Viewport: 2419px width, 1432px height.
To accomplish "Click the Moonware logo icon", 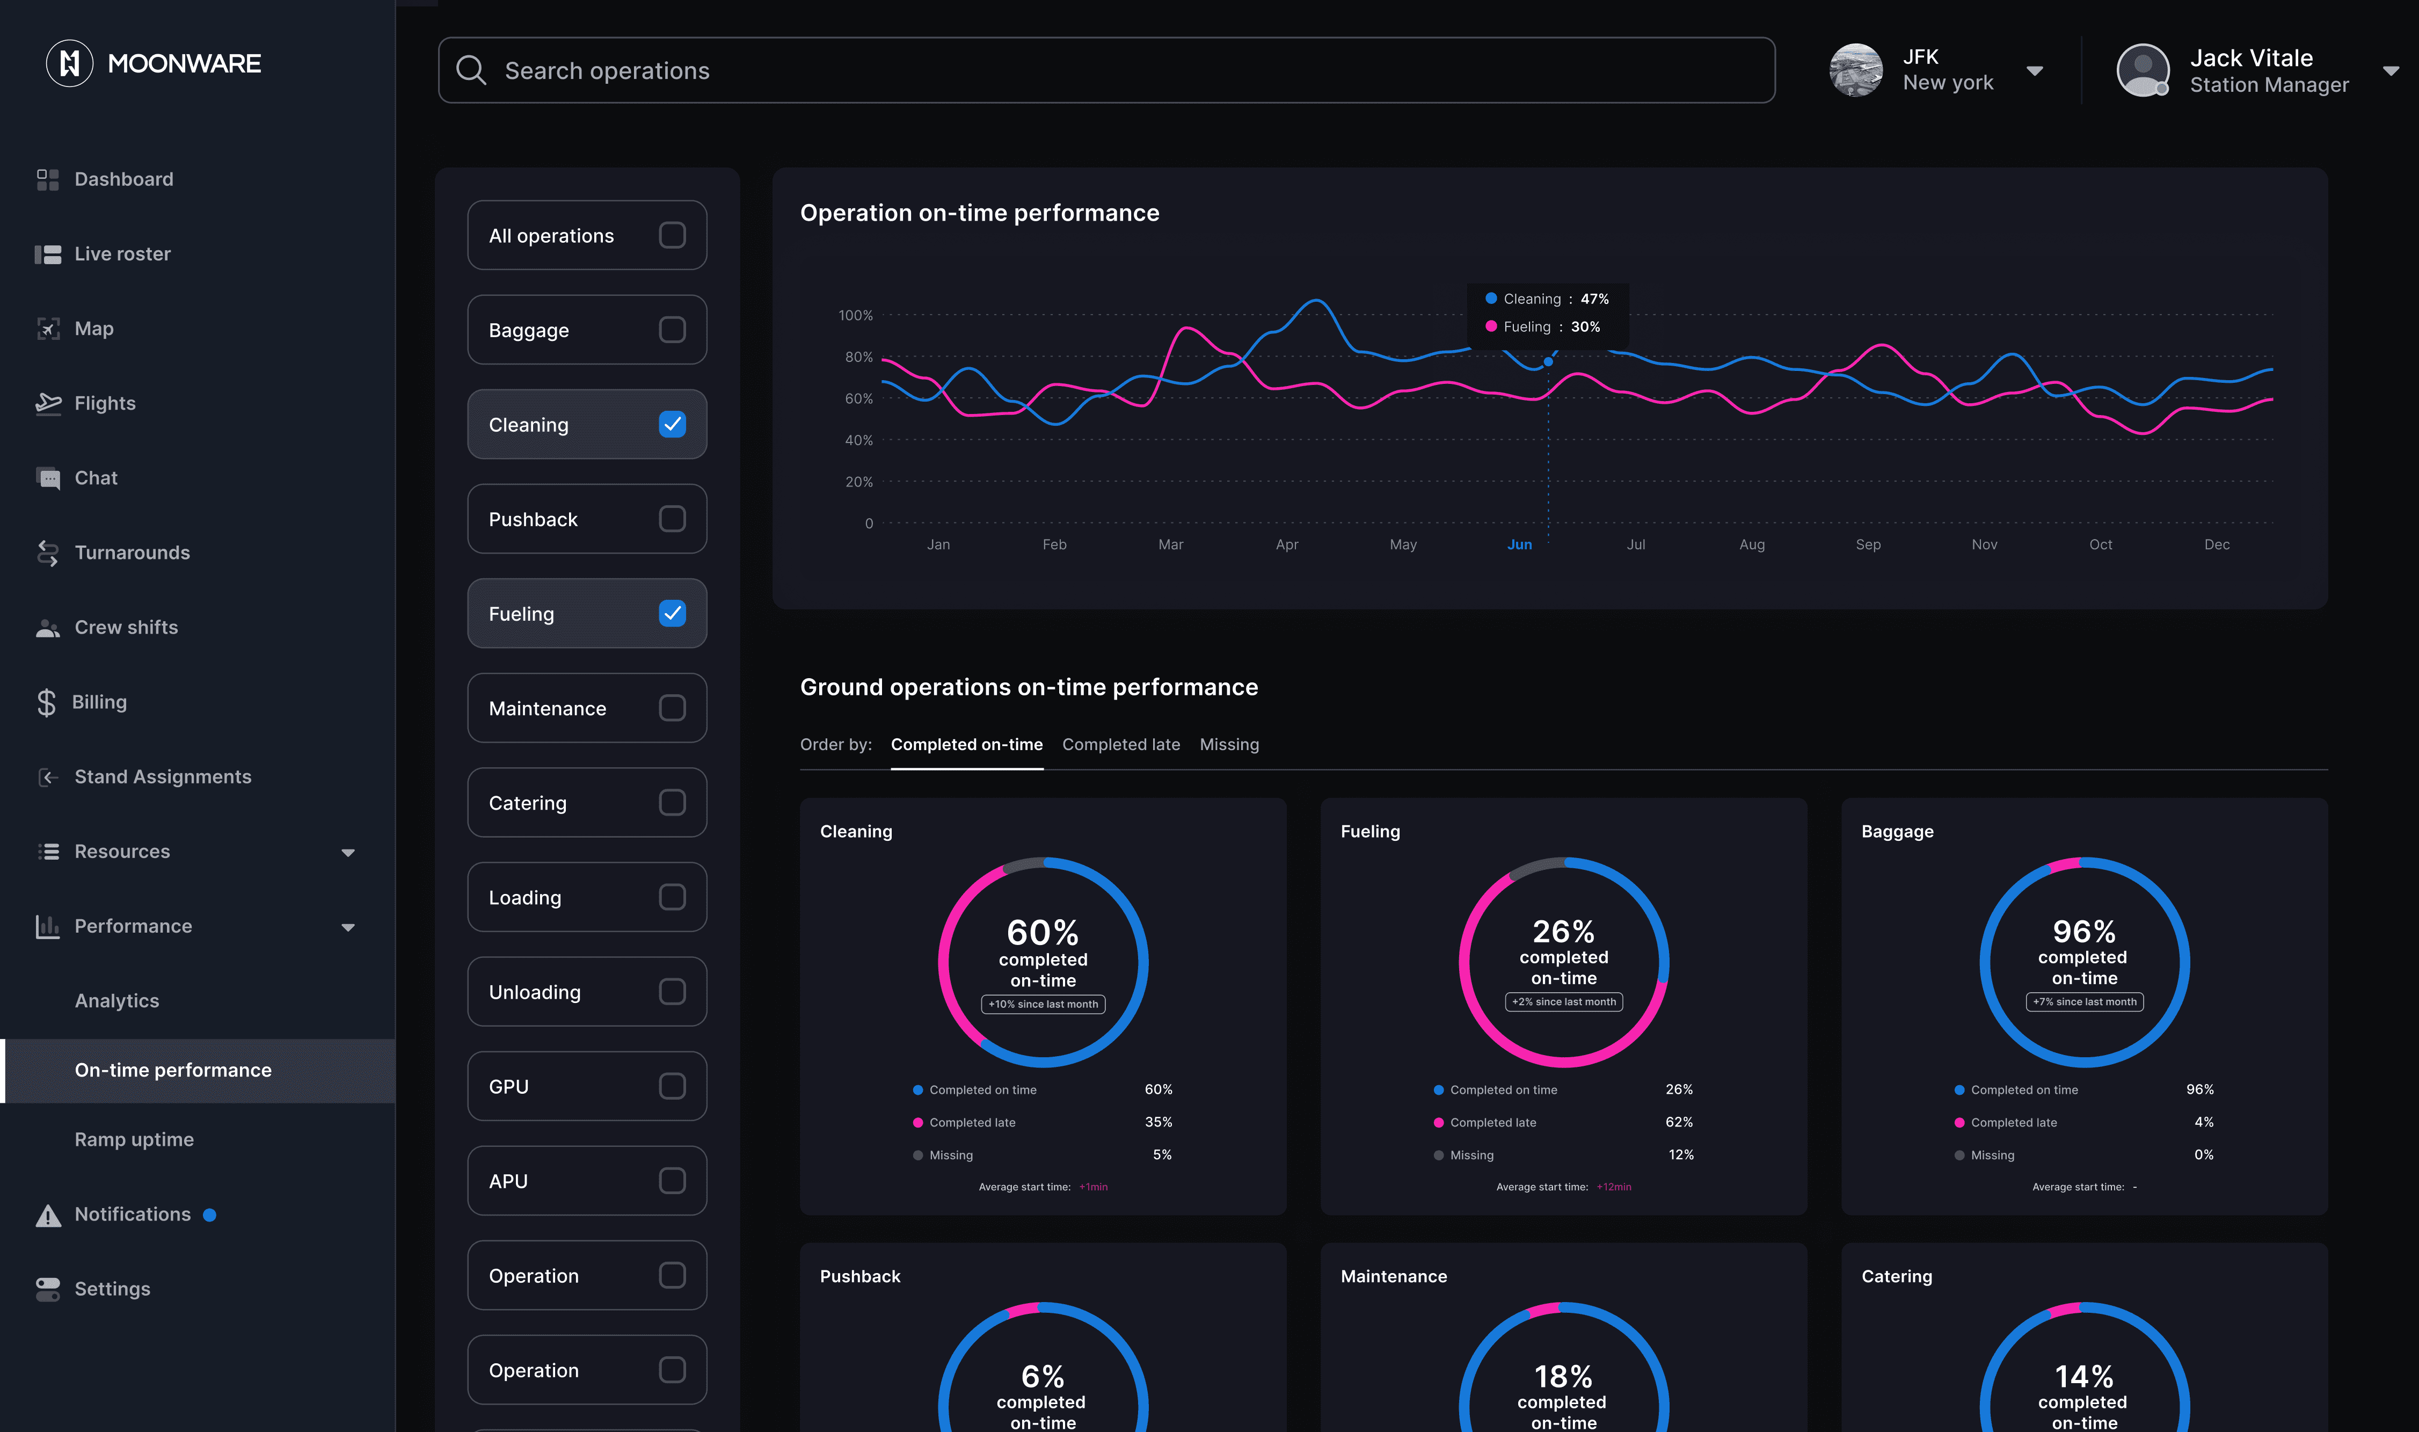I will pyautogui.click(x=69, y=64).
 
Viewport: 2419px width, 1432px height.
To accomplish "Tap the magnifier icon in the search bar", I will pyautogui.click(x=471, y=70).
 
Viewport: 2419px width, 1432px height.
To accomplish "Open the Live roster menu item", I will pyautogui.click(x=122, y=254).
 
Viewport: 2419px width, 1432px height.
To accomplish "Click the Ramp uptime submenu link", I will pyautogui.click(x=134, y=1139).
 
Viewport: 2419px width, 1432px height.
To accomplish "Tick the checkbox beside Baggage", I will pyautogui.click(x=672, y=330).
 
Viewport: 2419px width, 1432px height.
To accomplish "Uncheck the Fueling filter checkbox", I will pyautogui.click(x=672, y=614).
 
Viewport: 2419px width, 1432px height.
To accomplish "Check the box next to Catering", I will pyautogui.click(x=672, y=803).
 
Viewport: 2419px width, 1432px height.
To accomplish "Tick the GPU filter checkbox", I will pyautogui.click(x=672, y=1087).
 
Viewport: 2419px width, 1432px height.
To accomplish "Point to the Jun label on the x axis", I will pyautogui.click(x=1519, y=545).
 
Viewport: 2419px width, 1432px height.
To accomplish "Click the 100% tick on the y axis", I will pyautogui.click(x=856, y=316).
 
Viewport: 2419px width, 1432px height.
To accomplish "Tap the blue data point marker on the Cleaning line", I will pyautogui.click(x=1548, y=362).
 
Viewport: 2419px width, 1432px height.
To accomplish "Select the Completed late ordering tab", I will pyautogui.click(x=1121, y=745).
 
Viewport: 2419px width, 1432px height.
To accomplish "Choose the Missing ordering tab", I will pyautogui.click(x=1229, y=745).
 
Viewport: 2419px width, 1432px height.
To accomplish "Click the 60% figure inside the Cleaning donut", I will pyautogui.click(x=1043, y=932).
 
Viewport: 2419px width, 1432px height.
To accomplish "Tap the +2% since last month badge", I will pyautogui.click(x=1563, y=1001).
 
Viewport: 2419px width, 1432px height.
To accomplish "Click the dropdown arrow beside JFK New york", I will pyautogui.click(x=2035, y=70).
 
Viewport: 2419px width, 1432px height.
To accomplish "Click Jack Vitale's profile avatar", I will pyautogui.click(x=2142, y=70).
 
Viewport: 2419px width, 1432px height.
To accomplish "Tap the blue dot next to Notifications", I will pyautogui.click(x=209, y=1215).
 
